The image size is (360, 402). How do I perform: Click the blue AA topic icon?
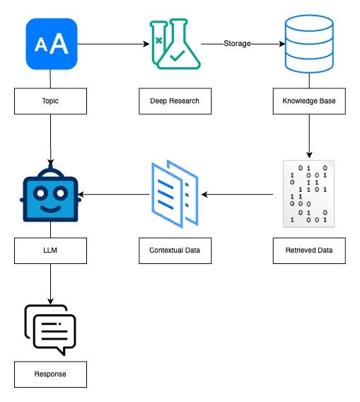point(52,44)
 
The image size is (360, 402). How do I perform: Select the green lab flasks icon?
point(175,44)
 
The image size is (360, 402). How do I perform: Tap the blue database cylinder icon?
point(309,44)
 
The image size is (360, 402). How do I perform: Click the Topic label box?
point(50,101)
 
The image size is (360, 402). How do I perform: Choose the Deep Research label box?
point(175,101)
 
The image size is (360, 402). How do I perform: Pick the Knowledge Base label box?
point(309,101)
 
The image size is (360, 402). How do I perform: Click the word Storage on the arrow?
point(237,44)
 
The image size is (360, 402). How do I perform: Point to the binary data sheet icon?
point(309,194)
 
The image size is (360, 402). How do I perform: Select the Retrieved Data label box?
point(309,251)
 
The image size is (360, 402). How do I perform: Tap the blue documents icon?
point(175,194)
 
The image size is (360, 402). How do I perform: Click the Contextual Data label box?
point(175,251)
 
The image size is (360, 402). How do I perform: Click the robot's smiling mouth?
point(51,209)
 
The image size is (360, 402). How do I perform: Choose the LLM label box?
point(50,251)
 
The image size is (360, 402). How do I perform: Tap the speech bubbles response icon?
point(50,330)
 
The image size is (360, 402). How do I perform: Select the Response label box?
point(50,374)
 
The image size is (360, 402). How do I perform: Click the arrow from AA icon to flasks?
point(113,44)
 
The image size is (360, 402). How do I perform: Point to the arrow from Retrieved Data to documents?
point(237,195)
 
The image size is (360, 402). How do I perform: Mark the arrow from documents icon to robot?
point(113,195)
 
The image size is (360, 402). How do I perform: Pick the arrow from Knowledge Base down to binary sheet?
point(309,136)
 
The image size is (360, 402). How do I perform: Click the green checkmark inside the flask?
point(178,56)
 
